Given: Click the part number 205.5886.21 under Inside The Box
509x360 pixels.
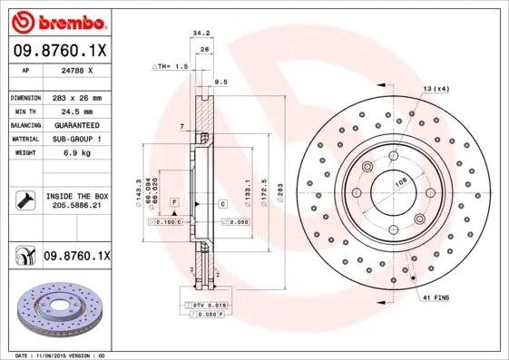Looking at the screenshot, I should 76,206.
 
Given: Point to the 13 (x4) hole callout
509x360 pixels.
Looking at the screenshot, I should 435,89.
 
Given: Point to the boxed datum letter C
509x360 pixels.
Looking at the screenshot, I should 221,204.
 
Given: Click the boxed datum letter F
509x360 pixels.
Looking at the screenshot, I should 174,199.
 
